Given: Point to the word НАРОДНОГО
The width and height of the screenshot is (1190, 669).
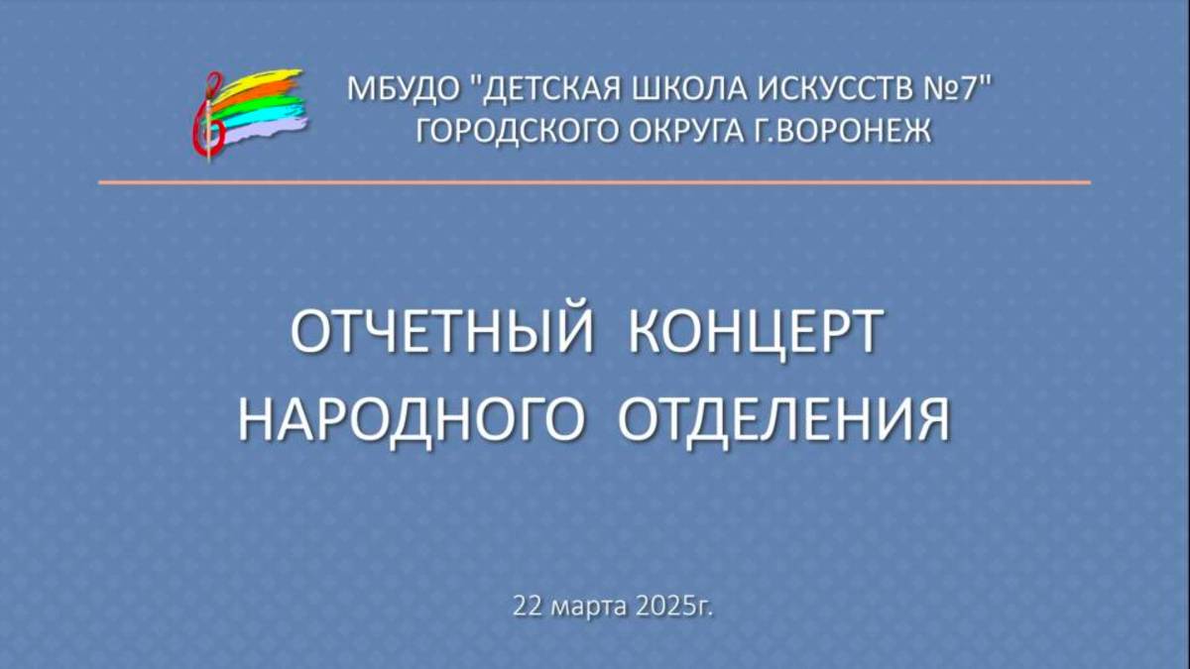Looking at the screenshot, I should [x=408, y=419].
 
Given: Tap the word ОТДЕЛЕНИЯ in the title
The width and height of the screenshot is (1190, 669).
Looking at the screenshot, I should [x=783, y=419].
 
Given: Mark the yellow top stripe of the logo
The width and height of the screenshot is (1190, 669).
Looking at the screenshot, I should [x=273, y=77].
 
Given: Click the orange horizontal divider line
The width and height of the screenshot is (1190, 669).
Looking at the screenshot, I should [x=595, y=182].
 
